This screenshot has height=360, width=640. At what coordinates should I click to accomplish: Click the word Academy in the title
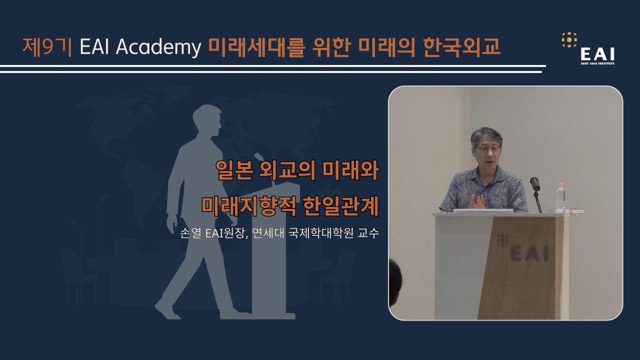158,47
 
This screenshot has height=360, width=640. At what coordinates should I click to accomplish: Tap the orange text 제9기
47,47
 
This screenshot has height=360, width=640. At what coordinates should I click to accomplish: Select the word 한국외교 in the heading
461,47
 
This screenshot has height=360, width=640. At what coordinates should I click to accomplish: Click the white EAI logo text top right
597,54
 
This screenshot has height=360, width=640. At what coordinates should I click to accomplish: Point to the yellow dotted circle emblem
569,39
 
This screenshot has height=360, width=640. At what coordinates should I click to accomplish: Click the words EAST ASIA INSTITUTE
597,63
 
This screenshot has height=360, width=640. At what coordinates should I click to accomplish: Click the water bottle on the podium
560,197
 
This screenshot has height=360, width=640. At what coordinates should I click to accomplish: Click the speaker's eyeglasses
487,149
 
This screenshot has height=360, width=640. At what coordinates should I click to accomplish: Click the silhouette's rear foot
167,309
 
